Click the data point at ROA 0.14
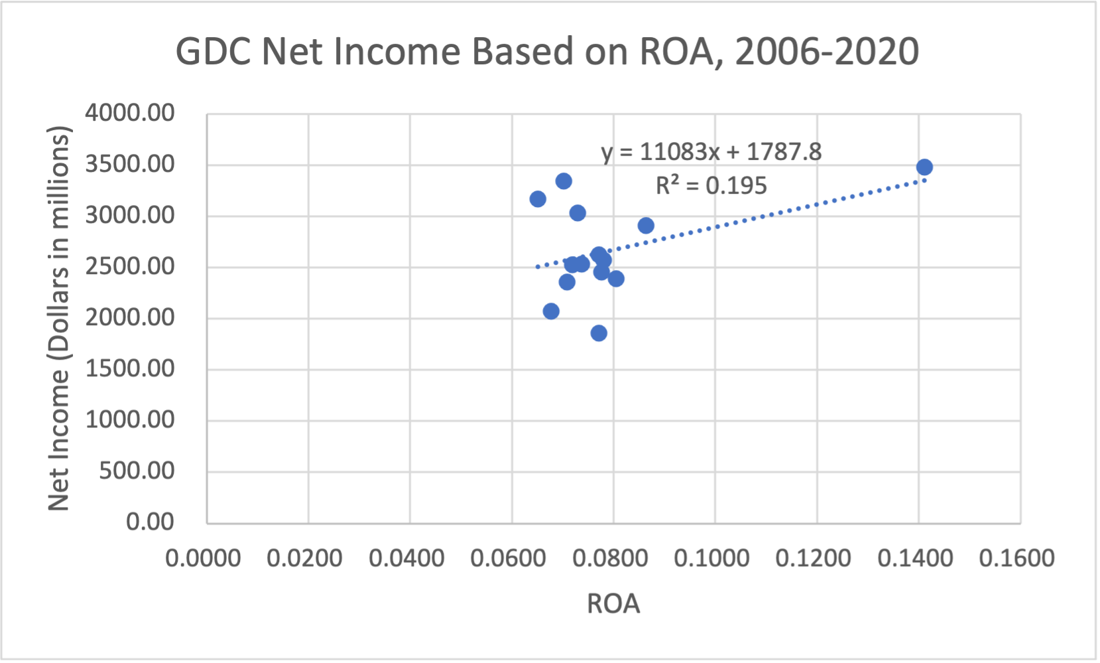point(924,167)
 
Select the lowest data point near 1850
point(599,333)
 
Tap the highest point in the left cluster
point(564,181)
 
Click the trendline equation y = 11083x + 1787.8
point(711,152)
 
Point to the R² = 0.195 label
point(711,185)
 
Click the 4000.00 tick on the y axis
point(130,113)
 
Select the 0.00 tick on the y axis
point(150,522)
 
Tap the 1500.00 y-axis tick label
point(130,368)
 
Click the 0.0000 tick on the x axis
point(203,558)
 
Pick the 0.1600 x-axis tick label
point(1016,558)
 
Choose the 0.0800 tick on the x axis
point(610,558)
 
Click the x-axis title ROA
point(613,604)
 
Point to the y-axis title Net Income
point(58,319)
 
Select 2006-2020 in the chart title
point(827,51)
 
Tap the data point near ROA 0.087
point(646,226)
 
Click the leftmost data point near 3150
point(538,199)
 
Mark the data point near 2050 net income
point(551,311)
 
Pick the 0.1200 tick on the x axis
point(813,558)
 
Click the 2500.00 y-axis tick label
point(130,266)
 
